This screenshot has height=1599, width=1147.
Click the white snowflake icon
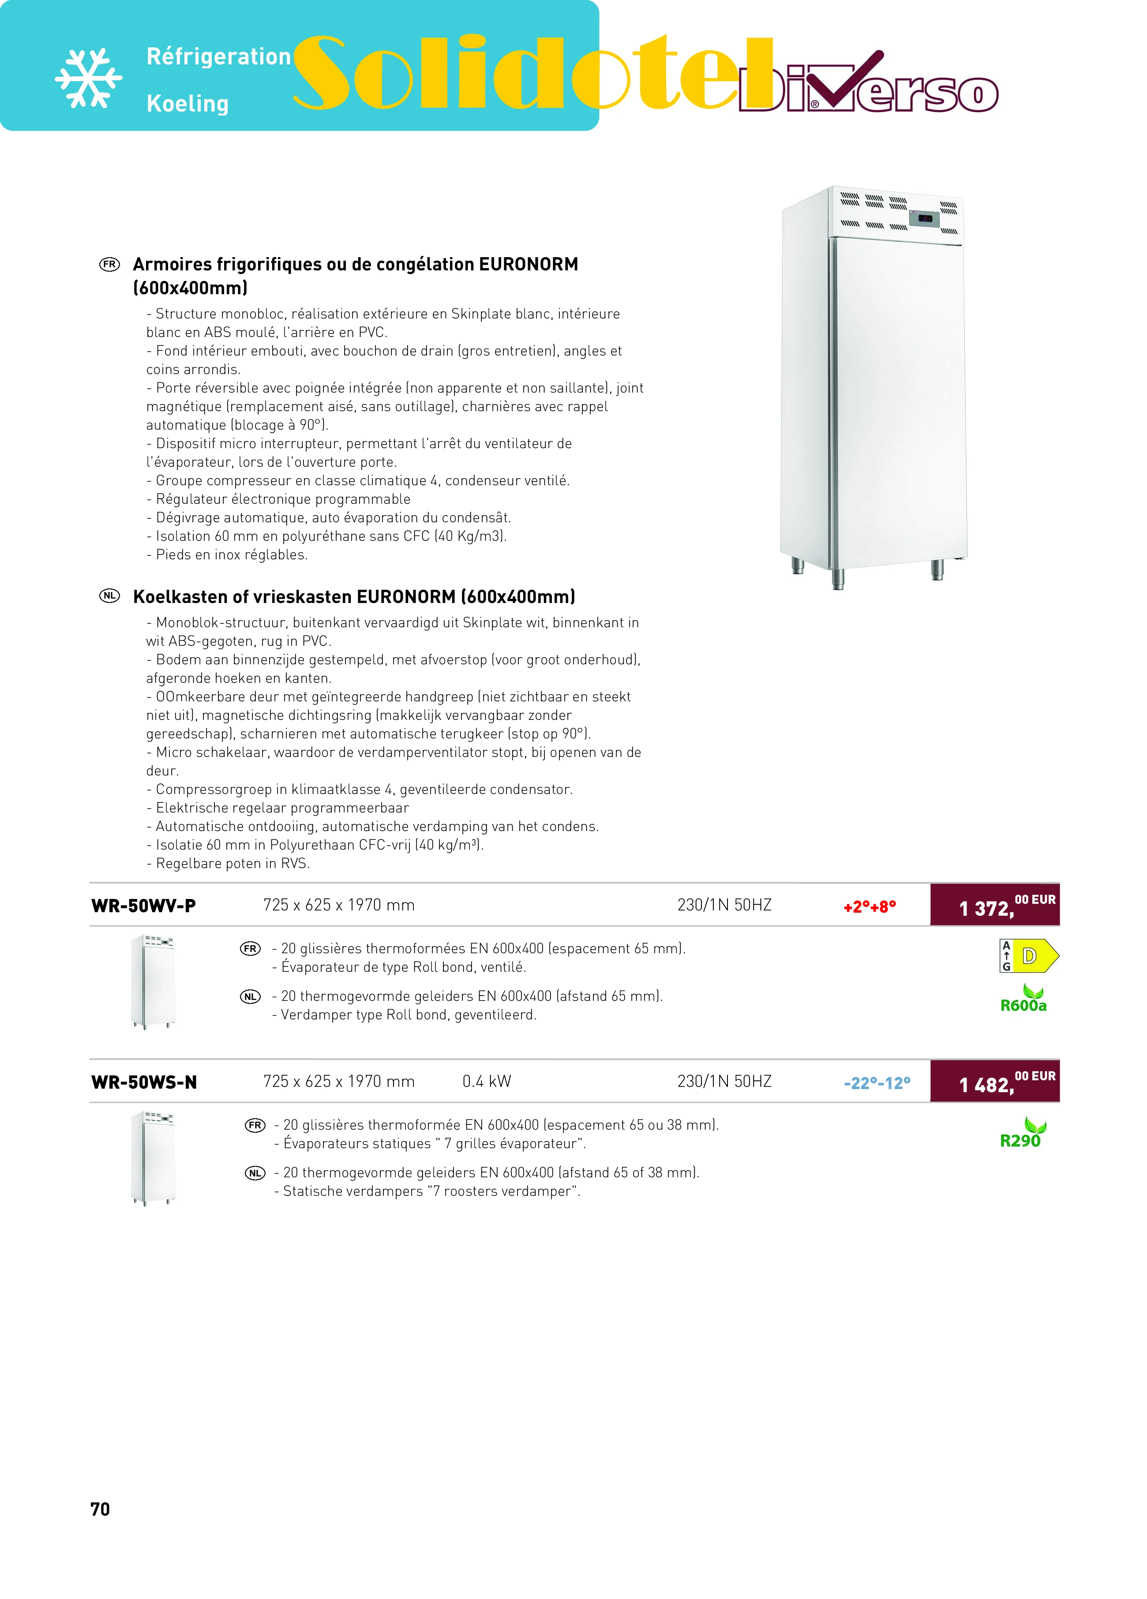[x=89, y=78]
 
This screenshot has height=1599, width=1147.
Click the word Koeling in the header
[x=187, y=104]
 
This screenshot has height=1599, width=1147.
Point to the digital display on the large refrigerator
[x=926, y=218]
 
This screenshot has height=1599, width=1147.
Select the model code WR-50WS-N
[x=144, y=1082]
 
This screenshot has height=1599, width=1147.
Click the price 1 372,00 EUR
[x=994, y=905]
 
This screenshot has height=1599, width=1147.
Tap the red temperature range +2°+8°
[x=869, y=906]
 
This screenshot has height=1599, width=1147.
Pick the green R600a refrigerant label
[x=1023, y=1005]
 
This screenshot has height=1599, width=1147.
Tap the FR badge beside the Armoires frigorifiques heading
[x=109, y=264]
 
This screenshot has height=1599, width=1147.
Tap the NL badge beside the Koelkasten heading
[x=109, y=596]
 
